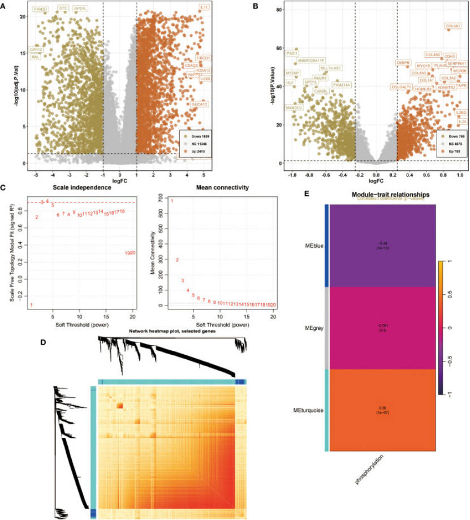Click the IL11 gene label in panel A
point(204,7)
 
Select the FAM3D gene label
point(41,9)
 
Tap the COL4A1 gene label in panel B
point(454,26)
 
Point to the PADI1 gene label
point(292,53)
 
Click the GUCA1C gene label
point(200,104)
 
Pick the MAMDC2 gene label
point(294,108)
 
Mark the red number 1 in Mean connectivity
point(172,201)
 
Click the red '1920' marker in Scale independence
point(130,252)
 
